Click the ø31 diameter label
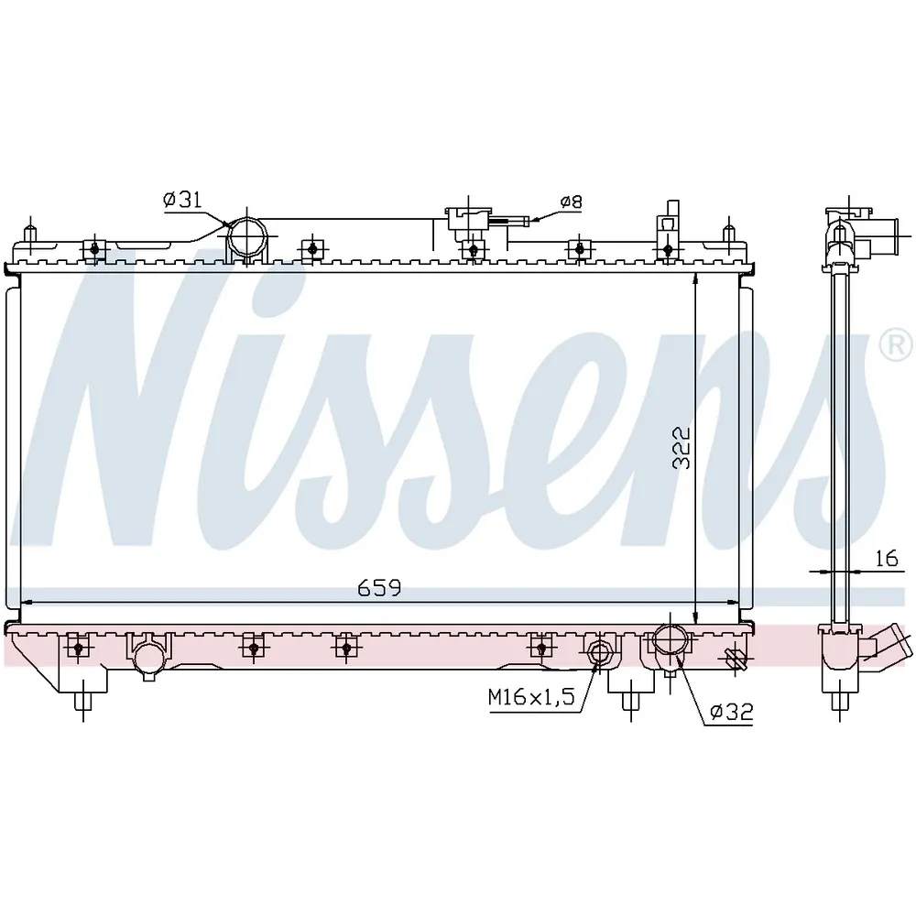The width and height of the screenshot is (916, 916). coord(182,200)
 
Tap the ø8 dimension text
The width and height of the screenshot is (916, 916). coord(572,202)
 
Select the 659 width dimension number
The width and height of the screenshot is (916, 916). coord(379,588)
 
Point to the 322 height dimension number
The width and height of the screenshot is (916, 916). coord(682,448)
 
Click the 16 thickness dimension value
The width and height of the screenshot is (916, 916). coord(887,559)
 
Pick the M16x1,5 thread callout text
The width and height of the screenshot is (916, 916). coord(531,696)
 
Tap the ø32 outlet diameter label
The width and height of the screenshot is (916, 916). coord(731,712)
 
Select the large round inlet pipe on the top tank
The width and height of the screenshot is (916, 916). coord(246,238)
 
